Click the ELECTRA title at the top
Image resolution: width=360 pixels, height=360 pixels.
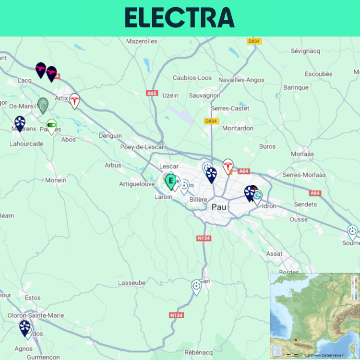pos(180,18)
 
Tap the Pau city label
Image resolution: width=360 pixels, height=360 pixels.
pos(219,207)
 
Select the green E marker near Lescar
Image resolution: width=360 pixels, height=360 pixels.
pos(170,181)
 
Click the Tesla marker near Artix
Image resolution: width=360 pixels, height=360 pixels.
pos(74,100)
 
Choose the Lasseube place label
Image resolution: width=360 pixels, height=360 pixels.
pos(132,283)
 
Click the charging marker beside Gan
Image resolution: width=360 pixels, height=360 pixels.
pos(196,287)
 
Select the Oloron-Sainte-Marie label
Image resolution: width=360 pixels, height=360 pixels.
pos(36,315)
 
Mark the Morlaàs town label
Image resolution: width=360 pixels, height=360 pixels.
pos(302,154)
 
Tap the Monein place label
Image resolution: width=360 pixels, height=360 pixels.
pos(56,180)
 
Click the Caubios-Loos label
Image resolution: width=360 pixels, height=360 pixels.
pos(192,78)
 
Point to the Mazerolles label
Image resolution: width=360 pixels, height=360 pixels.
pos(142,41)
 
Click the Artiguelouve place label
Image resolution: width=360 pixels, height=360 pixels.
pos(137,184)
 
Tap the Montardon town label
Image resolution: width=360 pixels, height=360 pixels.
pos(238,129)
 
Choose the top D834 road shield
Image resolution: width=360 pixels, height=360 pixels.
pos(254,41)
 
